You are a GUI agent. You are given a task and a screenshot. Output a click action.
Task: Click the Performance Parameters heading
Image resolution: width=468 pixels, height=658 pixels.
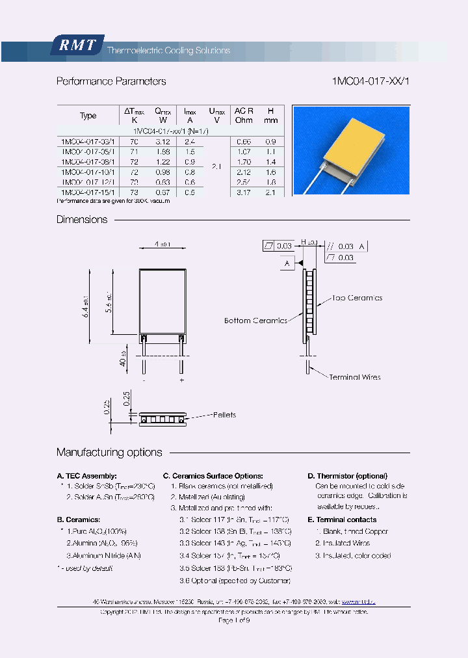point(111,81)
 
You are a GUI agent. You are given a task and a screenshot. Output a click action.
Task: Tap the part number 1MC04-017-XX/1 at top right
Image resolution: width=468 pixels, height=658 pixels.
point(371,81)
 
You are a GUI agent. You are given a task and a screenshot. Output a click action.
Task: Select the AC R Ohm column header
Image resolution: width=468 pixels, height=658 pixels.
point(244,116)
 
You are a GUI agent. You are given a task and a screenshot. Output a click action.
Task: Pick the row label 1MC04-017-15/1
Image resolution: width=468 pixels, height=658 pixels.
point(87,192)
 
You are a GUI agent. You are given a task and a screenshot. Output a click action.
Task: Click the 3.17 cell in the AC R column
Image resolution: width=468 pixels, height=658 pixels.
point(244,192)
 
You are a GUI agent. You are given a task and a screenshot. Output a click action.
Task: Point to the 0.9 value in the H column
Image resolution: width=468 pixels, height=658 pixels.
point(271,141)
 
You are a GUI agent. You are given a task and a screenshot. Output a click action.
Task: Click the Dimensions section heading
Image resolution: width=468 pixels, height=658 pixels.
point(82,220)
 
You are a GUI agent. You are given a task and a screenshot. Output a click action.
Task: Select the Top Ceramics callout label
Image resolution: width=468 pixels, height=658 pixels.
point(357,298)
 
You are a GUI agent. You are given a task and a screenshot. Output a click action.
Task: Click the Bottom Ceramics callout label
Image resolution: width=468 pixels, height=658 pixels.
point(255,321)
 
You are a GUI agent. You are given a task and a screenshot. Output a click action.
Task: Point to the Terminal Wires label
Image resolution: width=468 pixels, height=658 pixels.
point(354,377)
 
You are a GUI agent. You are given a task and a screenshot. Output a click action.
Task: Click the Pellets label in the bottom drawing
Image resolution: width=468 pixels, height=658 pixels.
point(223,415)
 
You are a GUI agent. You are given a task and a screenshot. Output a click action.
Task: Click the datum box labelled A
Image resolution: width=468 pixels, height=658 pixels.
point(287,263)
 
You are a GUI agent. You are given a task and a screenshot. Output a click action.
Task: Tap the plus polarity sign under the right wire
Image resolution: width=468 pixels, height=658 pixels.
point(181,380)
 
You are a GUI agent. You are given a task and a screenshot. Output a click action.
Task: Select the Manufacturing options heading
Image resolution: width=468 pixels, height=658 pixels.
point(109,453)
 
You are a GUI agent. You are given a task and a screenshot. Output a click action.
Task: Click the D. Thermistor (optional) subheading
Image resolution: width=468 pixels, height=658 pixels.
point(347,476)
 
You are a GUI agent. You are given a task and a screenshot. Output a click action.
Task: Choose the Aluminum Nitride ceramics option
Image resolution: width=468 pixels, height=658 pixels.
point(103,556)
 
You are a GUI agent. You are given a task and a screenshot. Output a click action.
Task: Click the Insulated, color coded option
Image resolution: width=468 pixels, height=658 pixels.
point(353,556)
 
